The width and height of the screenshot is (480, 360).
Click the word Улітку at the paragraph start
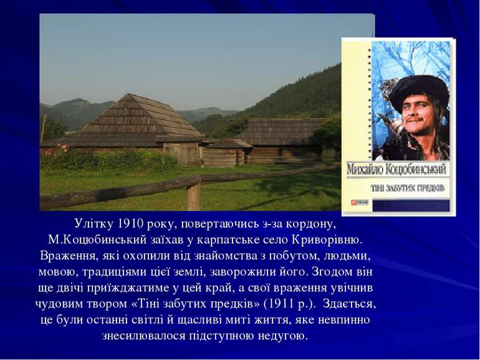click(91, 223)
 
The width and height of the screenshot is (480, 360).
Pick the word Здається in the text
click(352, 304)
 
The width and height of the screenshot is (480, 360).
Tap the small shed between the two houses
click(228, 152)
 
